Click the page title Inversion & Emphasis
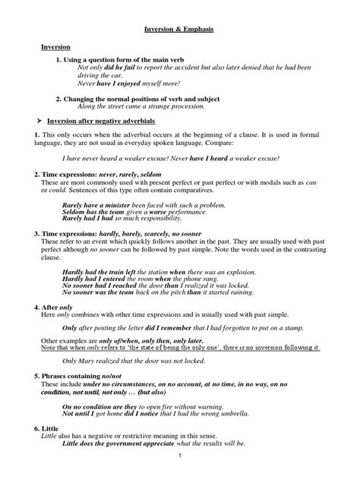[x=179, y=30]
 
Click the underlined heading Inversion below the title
[x=55, y=47]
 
